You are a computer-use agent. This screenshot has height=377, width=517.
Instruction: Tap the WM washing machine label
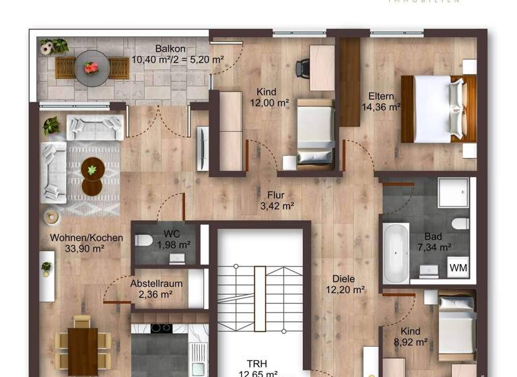(x=459, y=268)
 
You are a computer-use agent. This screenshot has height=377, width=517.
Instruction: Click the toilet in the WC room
(x=143, y=240)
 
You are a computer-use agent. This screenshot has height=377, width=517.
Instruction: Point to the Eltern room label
(x=380, y=96)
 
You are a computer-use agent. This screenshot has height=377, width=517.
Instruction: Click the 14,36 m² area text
(x=381, y=106)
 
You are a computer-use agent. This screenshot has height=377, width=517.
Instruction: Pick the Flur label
(x=275, y=195)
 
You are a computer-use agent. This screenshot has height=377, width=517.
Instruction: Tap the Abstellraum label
(x=156, y=283)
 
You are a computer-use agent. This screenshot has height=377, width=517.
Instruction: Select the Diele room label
(x=343, y=279)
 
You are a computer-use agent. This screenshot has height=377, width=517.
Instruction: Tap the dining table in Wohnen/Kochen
(x=83, y=349)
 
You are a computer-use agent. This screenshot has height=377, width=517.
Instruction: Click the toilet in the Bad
(x=460, y=223)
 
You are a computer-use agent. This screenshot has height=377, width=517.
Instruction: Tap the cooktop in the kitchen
(x=160, y=328)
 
